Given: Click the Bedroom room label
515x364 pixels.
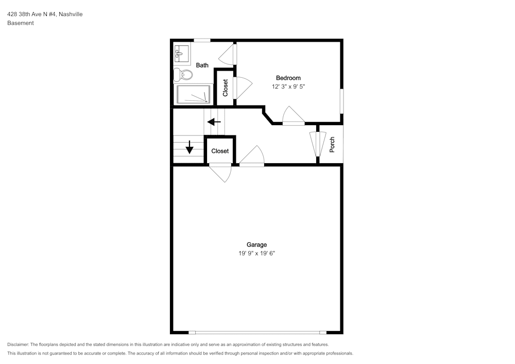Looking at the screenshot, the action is point(288,78).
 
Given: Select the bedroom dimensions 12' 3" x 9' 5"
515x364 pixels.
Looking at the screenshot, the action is point(288,86).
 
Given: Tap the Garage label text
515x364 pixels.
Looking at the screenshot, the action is point(256,245).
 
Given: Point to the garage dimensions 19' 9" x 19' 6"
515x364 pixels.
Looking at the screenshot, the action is point(256,253).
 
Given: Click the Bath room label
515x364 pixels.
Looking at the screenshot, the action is point(202,65).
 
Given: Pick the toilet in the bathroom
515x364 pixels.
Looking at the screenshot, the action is point(183,75).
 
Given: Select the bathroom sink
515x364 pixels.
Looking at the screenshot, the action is point(182,54).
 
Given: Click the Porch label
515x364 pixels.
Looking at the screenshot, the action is point(332,145).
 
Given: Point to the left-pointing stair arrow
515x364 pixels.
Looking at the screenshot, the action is point(214,122).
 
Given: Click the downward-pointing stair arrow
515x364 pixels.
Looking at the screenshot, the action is point(190,147).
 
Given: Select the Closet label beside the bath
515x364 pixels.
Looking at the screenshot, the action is point(225,88).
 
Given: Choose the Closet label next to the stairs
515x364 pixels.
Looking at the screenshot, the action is point(220,151).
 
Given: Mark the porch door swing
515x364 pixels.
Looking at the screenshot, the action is point(318,144).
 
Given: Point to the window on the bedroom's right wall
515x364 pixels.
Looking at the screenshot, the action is point(341,101).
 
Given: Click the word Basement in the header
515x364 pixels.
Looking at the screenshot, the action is point(21,23).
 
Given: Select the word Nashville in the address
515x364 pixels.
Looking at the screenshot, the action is point(71,14).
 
